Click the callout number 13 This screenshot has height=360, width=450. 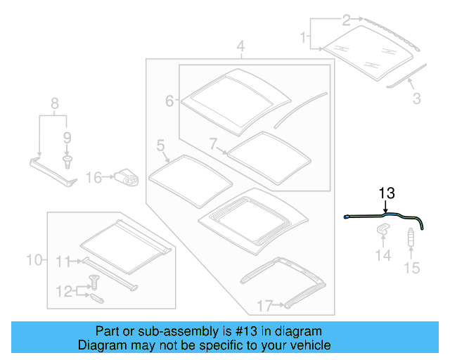[x=387, y=192]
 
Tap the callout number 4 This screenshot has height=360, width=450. [x=240, y=48]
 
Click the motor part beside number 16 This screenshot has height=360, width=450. [x=127, y=178]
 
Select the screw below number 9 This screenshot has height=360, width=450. [x=67, y=161]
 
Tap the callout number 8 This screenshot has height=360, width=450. [x=53, y=107]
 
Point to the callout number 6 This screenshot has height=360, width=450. [x=169, y=101]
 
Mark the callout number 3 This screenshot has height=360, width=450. [x=417, y=99]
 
